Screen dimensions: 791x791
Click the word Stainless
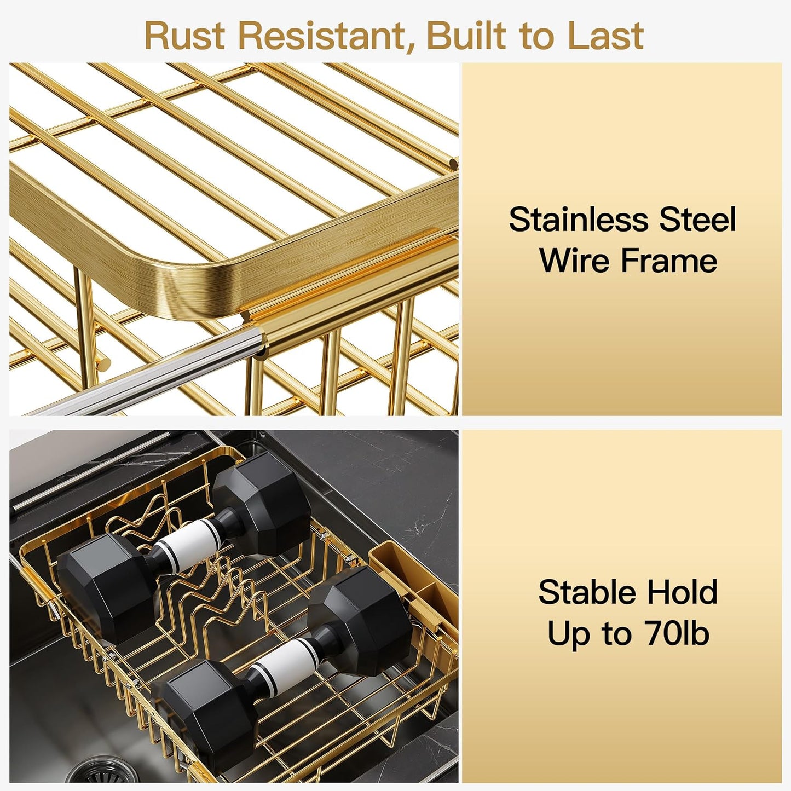tap(578, 220)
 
